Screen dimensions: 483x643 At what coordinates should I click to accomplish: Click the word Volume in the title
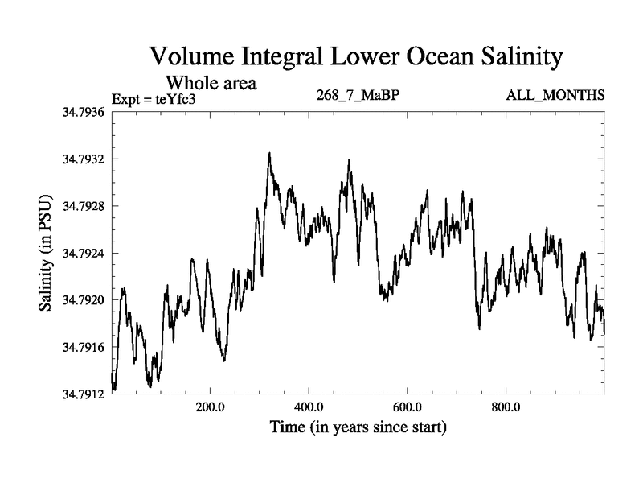click(192, 58)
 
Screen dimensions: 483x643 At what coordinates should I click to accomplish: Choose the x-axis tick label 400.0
click(309, 407)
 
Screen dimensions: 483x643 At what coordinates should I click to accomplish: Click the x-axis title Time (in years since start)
click(358, 427)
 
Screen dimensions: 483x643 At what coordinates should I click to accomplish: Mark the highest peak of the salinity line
click(269, 153)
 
